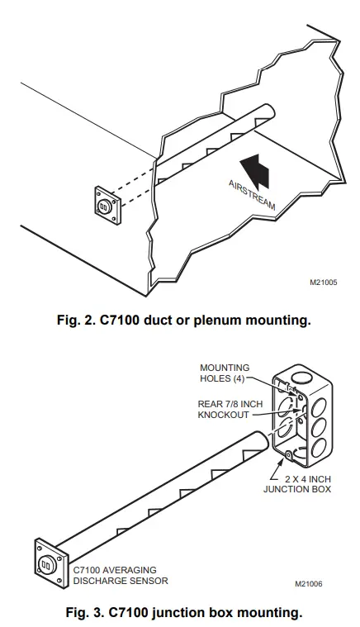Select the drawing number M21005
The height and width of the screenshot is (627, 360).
click(x=323, y=281)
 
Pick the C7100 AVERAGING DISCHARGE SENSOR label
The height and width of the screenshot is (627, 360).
click(x=120, y=575)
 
